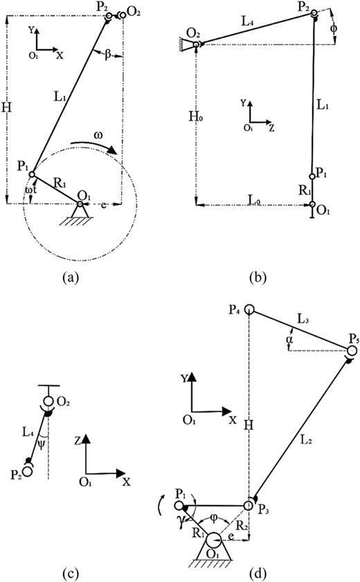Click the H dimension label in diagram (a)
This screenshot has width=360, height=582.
[8, 109]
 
